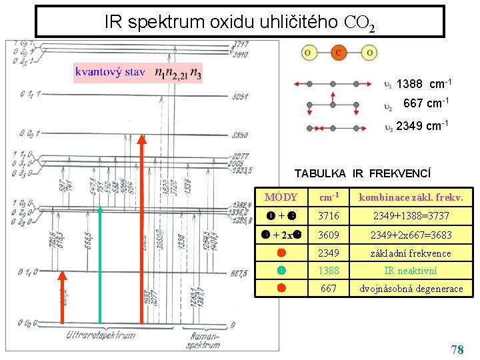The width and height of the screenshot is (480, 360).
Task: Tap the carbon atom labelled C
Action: point(339,53)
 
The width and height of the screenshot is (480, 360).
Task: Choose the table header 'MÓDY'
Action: point(281,197)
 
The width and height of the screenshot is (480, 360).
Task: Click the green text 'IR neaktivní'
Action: point(411,271)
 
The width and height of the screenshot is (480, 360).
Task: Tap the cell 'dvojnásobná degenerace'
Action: point(411,289)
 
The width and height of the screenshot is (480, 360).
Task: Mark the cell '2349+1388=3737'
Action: point(411,215)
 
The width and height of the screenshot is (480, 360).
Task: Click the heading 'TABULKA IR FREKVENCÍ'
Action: point(363,173)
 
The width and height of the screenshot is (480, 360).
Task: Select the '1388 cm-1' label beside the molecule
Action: point(424,84)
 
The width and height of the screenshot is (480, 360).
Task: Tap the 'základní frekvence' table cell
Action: point(411,253)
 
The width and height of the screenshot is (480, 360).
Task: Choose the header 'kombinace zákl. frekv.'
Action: point(411,197)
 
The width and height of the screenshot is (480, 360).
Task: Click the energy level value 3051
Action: point(241,97)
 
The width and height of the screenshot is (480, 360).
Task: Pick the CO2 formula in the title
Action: point(360,24)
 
